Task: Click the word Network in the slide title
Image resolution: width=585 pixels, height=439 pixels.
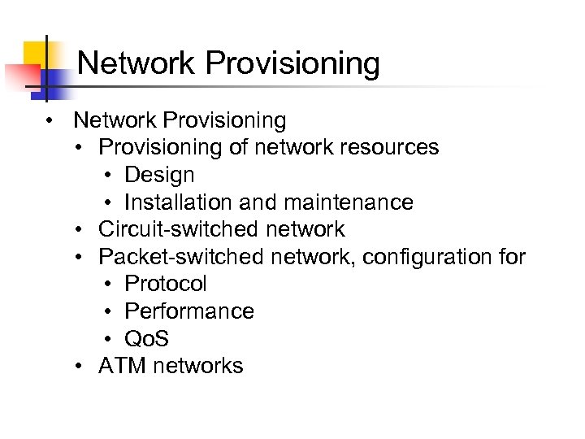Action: [x=136, y=63]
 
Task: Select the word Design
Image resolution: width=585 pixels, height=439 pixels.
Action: [x=159, y=175]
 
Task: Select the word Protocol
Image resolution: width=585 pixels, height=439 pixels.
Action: [x=166, y=284]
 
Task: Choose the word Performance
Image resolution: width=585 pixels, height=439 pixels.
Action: [x=189, y=311]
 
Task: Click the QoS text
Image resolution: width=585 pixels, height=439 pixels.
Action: [x=147, y=339]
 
